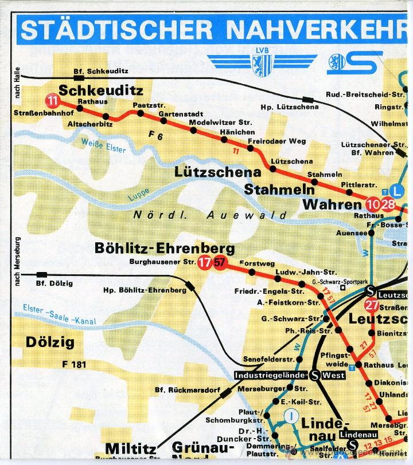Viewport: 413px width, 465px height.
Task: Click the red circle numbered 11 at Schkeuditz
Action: pos(53,101)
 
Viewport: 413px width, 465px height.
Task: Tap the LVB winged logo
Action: pos(262,63)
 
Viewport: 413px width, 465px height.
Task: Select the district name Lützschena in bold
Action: pos(218,172)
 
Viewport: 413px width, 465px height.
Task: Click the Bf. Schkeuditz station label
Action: pos(100,71)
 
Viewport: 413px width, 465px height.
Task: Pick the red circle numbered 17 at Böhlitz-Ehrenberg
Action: pos(204,263)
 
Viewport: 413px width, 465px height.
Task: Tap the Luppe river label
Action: pos(139,194)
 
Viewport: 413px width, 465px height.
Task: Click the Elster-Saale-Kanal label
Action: pos(60,315)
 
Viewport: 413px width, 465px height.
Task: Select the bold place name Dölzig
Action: pos(50,342)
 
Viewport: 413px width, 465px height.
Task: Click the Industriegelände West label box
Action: pos(290,376)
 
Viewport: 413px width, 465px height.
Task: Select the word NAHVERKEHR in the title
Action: pos(317,30)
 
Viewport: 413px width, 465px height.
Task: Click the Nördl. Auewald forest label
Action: pos(210,215)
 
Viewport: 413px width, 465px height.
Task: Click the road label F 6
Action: pos(155,136)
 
